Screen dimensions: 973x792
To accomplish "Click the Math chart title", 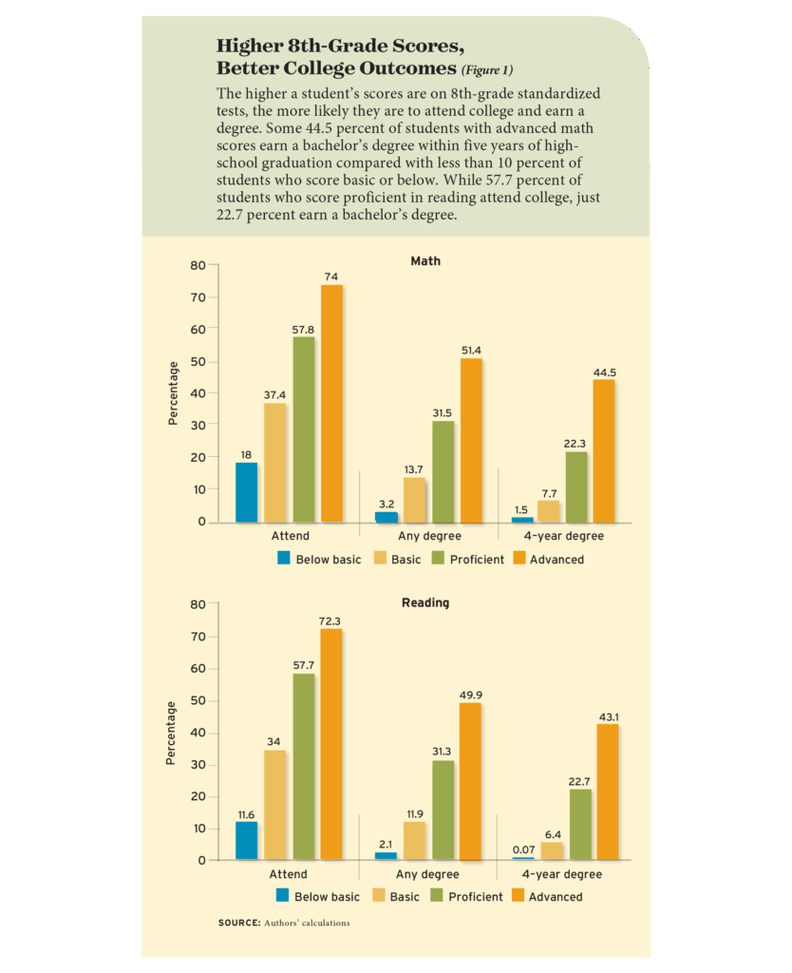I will [x=424, y=261].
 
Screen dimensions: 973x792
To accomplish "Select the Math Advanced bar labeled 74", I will [x=331, y=403].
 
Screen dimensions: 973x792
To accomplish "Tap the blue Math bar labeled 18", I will [x=246, y=492].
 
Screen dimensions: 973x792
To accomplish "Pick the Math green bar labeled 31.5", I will [x=443, y=471].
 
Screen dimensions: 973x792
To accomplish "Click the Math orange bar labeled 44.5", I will [x=604, y=450].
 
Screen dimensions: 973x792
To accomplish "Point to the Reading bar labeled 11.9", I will [x=414, y=841].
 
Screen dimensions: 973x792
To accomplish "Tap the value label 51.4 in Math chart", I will [x=471, y=351].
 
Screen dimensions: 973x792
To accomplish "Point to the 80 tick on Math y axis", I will [x=198, y=265].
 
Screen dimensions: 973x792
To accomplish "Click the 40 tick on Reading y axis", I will [x=198, y=733].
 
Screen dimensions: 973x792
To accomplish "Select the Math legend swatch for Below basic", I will [x=283, y=559].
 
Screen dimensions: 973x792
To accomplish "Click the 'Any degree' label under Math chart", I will [x=429, y=537].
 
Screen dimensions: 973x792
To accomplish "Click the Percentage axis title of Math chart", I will [x=173, y=393].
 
